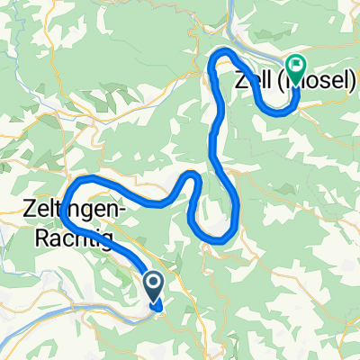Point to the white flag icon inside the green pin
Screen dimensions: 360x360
pos(296,64)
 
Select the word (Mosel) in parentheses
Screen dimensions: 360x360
pos(319,79)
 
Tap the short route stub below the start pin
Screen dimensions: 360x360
pos(158,308)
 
